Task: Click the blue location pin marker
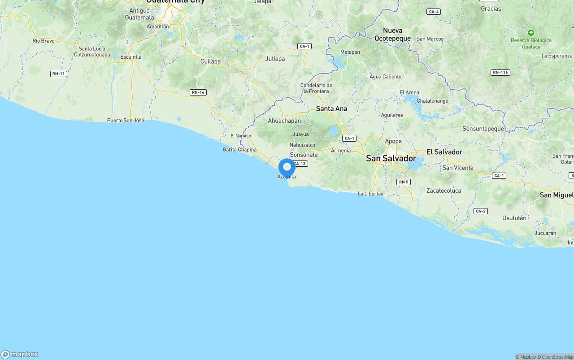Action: click(287, 168)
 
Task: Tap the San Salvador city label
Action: click(391, 158)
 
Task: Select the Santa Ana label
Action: click(331, 108)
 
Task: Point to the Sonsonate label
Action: click(304, 155)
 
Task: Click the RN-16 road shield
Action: click(198, 92)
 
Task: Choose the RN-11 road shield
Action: click(59, 74)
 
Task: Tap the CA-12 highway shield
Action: click(300, 164)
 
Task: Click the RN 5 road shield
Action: click(404, 182)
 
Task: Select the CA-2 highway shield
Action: click(480, 211)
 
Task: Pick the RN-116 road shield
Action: click(500, 73)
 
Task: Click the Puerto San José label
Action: click(126, 120)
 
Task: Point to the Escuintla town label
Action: click(131, 57)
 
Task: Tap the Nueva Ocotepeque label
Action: click(392, 35)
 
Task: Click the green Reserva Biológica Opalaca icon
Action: click(531, 33)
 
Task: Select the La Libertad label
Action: click(370, 194)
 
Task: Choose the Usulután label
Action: click(514, 218)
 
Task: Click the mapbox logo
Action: click(20, 354)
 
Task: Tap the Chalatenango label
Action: click(432, 101)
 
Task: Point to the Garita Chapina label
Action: click(239, 150)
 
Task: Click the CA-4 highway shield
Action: click(433, 12)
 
